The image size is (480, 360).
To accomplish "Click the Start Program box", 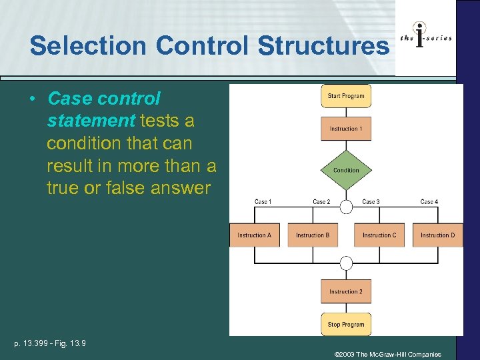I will (x=346, y=96).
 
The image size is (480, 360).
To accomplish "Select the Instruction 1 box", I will (x=346, y=129).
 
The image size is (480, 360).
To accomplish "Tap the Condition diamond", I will (x=346, y=170).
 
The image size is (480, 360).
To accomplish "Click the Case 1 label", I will (x=263, y=202).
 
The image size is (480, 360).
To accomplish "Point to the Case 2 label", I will (x=321, y=202).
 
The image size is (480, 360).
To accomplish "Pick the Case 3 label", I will (x=371, y=202).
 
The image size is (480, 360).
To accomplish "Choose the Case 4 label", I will (x=429, y=202).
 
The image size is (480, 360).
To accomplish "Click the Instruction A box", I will (x=255, y=235).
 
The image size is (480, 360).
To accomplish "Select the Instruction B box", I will (x=313, y=235).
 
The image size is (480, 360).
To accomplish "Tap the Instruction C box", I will (x=379, y=235).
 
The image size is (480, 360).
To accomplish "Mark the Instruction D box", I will (x=437, y=235).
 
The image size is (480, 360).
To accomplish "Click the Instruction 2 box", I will (x=346, y=292).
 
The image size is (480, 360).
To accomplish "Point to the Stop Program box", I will (x=346, y=325).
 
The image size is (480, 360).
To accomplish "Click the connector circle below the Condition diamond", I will (x=346, y=207).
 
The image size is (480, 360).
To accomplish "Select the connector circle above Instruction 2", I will (x=346, y=263).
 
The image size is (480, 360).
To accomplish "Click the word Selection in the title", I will (x=89, y=46).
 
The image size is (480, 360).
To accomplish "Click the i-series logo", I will (x=425, y=38).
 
